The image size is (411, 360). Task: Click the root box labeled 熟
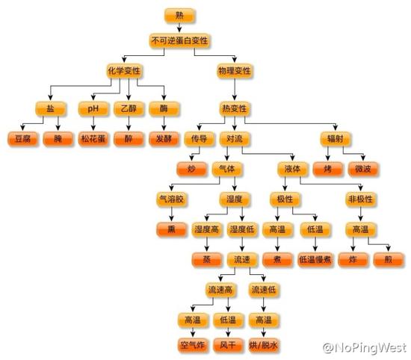(179, 16)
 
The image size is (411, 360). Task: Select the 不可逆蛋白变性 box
(179, 40)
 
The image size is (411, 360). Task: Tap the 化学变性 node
(124, 71)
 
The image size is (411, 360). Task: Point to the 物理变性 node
(235, 71)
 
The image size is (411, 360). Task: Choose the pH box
(93, 108)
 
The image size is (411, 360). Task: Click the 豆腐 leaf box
(23, 139)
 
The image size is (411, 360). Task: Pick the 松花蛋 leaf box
(93, 139)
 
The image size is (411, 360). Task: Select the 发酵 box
(164, 139)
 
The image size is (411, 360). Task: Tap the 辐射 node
(336, 139)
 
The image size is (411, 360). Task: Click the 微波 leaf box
(363, 169)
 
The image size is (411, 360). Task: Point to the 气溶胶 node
(172, 199)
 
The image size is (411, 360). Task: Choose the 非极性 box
(360, 199)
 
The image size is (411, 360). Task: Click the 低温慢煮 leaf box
(315, 260)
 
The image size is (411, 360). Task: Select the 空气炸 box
(193, 345)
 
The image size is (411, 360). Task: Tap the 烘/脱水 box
(264, 345)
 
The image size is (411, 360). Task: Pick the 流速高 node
(220, 290)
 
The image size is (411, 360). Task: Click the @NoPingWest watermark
(365, 348)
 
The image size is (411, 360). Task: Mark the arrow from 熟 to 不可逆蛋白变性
(179, 28)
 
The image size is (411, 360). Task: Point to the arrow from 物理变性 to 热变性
(235, 90)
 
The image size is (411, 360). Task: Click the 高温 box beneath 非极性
(360, 229)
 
